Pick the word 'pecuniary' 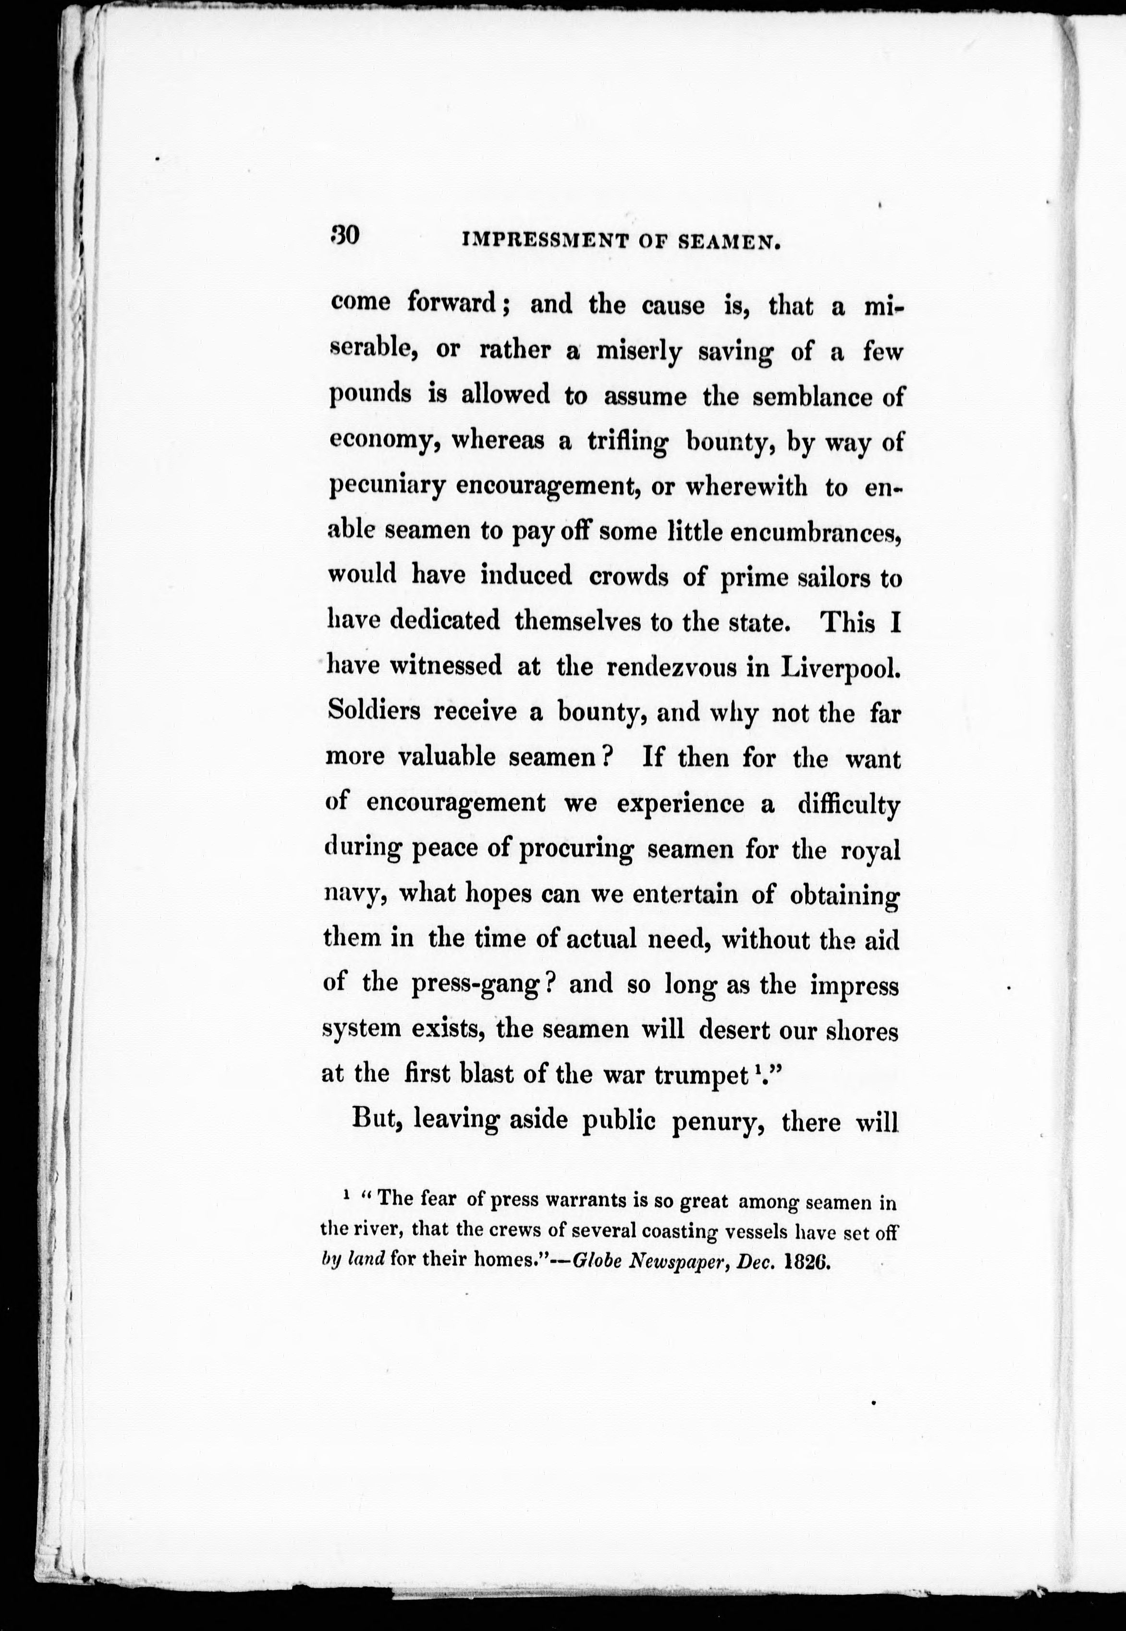(x=386, y=488)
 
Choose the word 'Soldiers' (x=374, y=711)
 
